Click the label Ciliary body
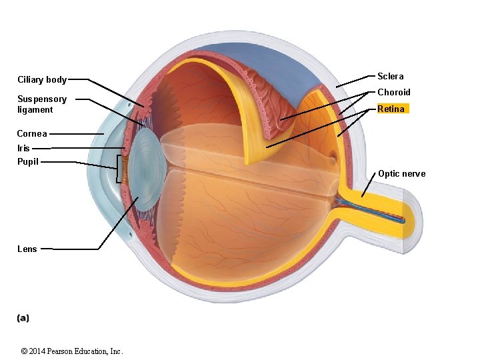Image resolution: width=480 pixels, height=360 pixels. coord(42,80)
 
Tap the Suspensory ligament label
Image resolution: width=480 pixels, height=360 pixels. coord(42,104)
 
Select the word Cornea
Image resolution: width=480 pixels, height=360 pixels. coord(32,133)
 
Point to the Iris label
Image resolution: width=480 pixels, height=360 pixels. coord(24,148)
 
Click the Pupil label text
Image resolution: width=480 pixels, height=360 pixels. coord(28,161)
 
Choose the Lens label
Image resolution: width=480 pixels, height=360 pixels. coord(27,249)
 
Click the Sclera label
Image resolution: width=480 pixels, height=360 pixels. coord(390,76)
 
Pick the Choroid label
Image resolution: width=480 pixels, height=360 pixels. coord(394,92)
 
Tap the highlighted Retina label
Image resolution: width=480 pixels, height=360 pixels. coord(391,109)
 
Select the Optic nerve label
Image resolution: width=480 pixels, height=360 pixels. coord(401,174)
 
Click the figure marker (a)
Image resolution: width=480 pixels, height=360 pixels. coord(23,318)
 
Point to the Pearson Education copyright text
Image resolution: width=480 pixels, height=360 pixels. coord(72,351)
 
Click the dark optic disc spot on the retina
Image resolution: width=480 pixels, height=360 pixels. coord(331,158)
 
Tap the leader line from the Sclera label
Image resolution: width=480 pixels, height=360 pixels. coord(352,81)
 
